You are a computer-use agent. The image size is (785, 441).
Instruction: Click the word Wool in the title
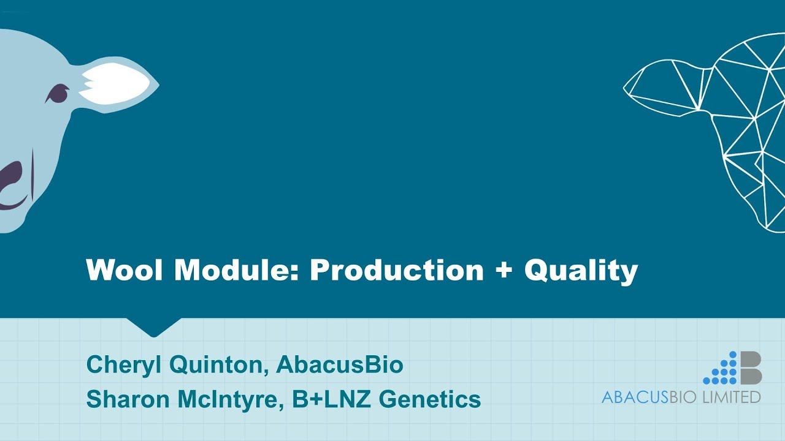pyautogui.click(x=124, y=270)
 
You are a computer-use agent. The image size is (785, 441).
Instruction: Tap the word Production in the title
pyautogui.click(x=397, y=270)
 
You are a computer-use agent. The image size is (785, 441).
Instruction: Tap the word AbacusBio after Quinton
pyautogui.click(x=340, y=365)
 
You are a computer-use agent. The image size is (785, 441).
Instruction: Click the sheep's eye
pyautogui.click(x=57, y=93)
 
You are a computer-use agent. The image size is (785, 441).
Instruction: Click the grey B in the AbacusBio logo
pyautogui.click(x=750, y=368)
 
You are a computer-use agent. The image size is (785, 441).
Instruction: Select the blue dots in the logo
pyautogui.click(x=722, y=371)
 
